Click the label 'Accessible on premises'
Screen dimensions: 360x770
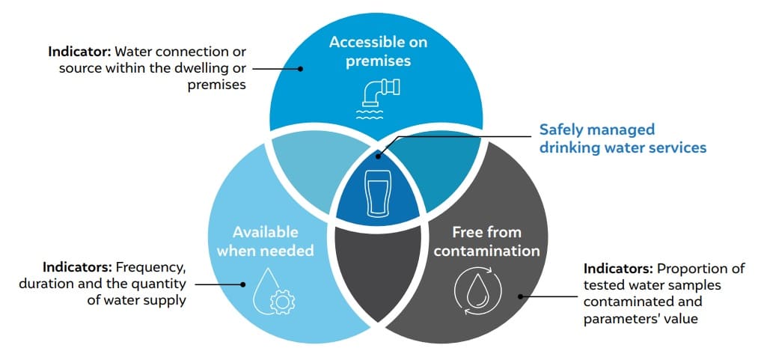[x=379, y=51]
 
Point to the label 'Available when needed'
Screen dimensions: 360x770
[x=266, y=241]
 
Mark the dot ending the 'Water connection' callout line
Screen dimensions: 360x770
[x=300, y=68]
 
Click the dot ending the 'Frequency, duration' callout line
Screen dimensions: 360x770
[x=242, y=284]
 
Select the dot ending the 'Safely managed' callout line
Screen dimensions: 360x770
[x=379, y=156]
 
